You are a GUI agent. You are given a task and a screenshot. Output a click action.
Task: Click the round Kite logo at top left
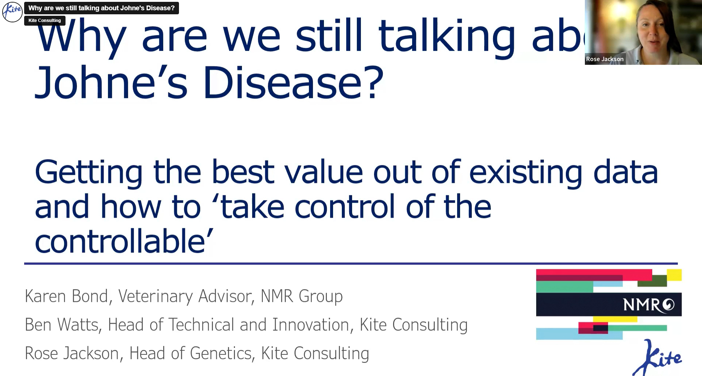point(12,12)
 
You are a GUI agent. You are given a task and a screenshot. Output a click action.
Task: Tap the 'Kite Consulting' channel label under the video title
point(45,21)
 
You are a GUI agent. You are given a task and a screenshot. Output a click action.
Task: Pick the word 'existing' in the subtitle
point(526,173)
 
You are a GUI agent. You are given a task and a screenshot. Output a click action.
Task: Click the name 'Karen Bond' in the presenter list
point(67,296)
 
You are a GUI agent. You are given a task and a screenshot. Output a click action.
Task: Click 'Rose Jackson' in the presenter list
point(72,353)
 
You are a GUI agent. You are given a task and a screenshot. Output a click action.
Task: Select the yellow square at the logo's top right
point(674,275)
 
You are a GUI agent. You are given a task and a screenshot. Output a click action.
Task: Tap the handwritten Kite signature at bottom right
point(657,357)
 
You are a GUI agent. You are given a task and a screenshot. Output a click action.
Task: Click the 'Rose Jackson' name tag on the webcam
point(605,59)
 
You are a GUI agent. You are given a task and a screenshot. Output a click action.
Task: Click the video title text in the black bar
point(101,8)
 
